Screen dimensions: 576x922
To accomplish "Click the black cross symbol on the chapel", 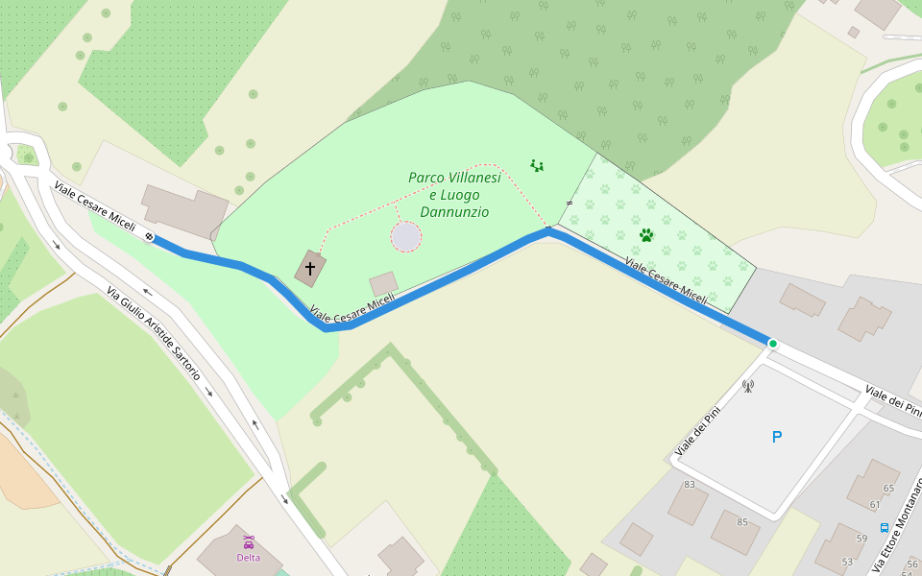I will pos(310,268).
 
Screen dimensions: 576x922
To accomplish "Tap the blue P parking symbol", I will pos(777,437).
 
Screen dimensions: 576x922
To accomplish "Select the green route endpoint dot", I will pos(772,343).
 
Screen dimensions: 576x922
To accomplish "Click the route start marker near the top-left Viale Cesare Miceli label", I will pos(150,236).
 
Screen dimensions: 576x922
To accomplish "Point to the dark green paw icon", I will pos(646,234).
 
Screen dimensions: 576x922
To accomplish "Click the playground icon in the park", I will pos(537,166).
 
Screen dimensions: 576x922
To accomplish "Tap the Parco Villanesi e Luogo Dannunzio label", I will pos(454,195).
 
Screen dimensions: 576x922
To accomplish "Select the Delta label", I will pos(248,557).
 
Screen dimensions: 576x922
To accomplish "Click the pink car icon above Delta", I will pos(248,542).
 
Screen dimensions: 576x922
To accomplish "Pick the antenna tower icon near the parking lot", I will pos(748,386).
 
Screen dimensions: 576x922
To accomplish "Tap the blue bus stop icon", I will pos(884,527).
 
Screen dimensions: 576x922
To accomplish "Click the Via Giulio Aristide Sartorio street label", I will pos(153,333).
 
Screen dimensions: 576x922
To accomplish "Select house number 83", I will pos(689,485).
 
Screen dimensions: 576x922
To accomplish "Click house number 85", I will pos(741,522).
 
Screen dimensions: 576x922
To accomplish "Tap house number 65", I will pos(888,489).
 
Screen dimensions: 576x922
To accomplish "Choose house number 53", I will pos(847,562).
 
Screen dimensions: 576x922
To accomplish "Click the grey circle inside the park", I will pos(406,236).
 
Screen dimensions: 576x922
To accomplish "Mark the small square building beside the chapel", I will pos(383,283).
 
